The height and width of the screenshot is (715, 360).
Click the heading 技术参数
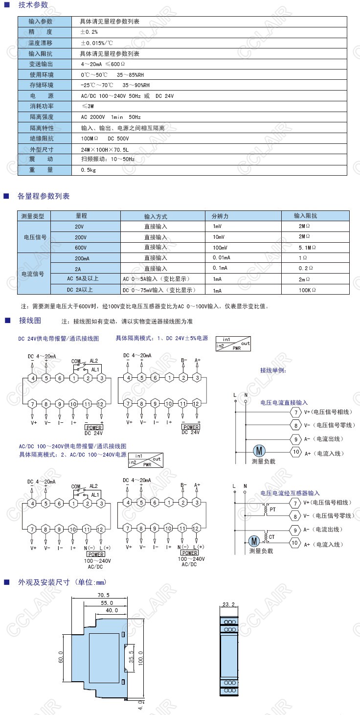tap(33, 5)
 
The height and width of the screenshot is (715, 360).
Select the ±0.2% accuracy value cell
tap(90, 32)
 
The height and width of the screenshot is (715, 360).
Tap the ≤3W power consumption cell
tap(88, 106)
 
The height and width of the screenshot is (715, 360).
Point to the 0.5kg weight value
tap(89, 170)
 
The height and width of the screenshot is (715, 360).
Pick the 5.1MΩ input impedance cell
tap(307, 248)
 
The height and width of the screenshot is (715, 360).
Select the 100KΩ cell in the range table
tap(307, 290)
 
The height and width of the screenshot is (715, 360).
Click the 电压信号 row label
tap(35, 237)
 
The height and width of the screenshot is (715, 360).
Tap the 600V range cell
tap(81, 248)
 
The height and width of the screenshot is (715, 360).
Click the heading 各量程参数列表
tap(44, 196)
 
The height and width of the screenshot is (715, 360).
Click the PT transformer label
tap(272, 509)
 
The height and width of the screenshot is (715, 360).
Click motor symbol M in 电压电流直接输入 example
tap(258, 451)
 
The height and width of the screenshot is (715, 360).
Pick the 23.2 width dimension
tap(228, 604)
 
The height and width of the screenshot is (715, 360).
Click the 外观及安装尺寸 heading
tap(62, 582)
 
